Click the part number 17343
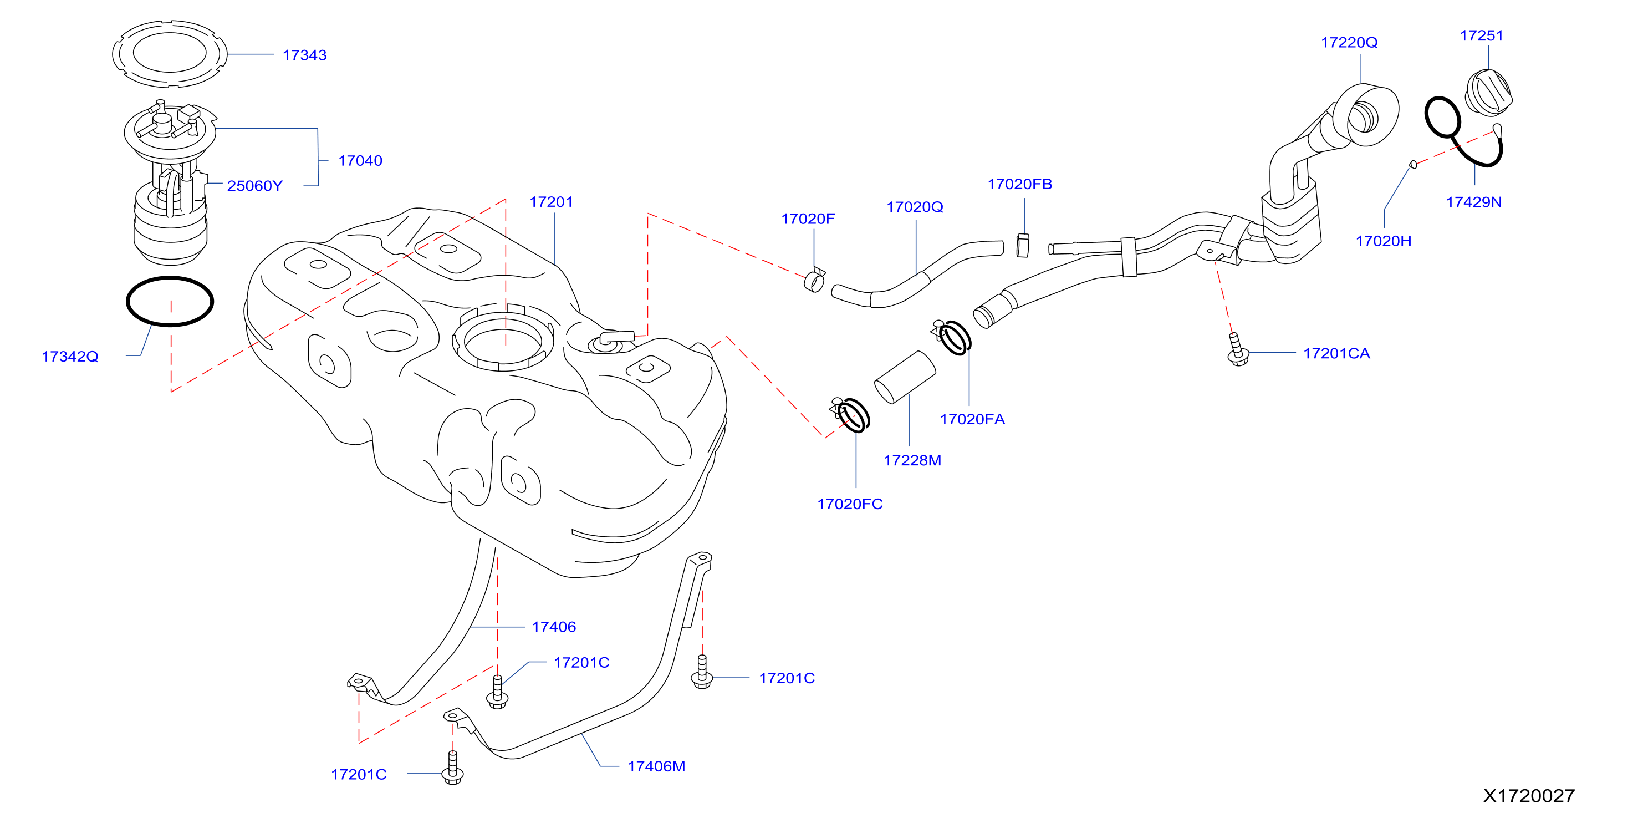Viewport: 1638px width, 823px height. (x=304, y=55)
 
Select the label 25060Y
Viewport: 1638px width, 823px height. (x=255, y=186)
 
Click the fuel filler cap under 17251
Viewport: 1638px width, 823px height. (x=1488, y=93)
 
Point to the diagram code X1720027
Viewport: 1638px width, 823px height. (x=1529, y=796)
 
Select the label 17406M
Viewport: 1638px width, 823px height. (x=656, y=766)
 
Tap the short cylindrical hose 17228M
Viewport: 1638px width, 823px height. (x=905, y=377)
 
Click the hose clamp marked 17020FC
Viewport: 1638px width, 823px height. (x=851, y=415)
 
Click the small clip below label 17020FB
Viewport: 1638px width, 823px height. (x=1023, y=246)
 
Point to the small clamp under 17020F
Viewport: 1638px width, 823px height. (x=814, y=281)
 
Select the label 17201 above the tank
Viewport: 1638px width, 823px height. (x=552, y=202)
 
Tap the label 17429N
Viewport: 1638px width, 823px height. (x=1473, y=202)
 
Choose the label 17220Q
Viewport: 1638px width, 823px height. (x=1349, y=43)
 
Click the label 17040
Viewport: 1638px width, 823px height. (x=360, y=161)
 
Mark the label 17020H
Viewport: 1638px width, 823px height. (x=1383, y=241)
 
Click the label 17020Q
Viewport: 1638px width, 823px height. (x=915, y=207)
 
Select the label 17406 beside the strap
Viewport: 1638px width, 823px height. (x=554, y=627)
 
